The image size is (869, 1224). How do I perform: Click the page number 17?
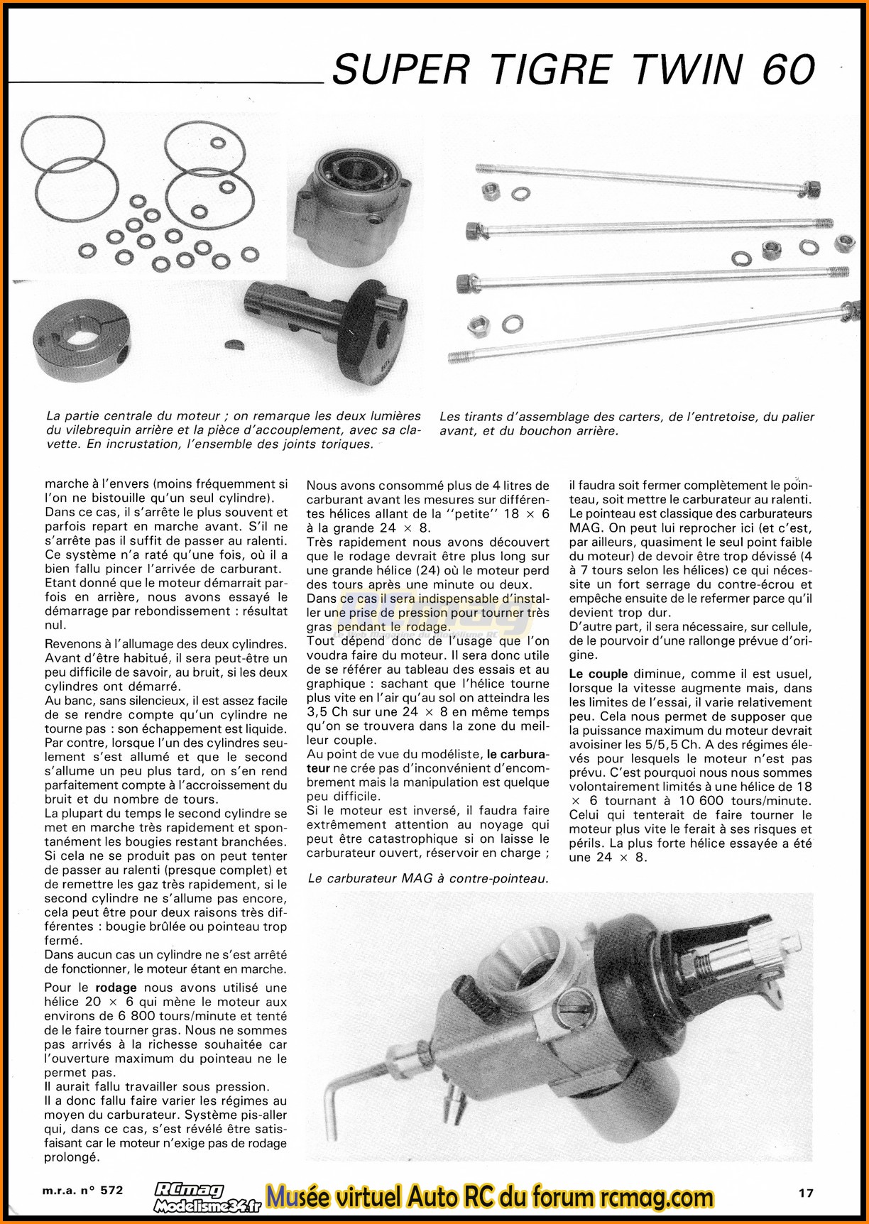coord(804,1192)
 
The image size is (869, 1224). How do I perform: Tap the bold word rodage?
coord(116,988)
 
